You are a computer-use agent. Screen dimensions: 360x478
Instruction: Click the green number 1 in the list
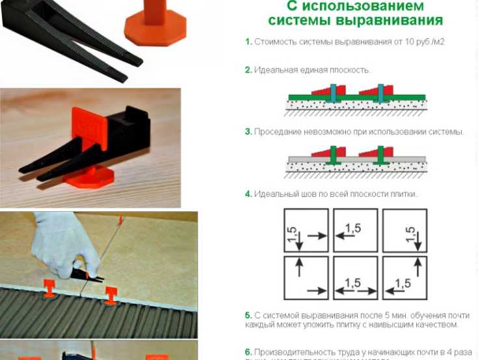(248, 42)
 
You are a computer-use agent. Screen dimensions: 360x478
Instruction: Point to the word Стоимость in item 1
(274, 42)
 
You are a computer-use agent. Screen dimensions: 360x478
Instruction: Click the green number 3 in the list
(248, 131)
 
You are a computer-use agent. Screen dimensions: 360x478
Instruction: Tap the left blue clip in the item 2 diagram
(333, 94)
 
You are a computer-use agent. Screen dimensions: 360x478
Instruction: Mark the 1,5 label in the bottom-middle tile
(352, 283)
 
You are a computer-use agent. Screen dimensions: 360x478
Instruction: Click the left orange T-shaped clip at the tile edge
(49, 287)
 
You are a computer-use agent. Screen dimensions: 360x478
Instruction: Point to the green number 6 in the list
(248, 351)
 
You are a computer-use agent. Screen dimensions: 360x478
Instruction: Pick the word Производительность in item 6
(291, 351)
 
